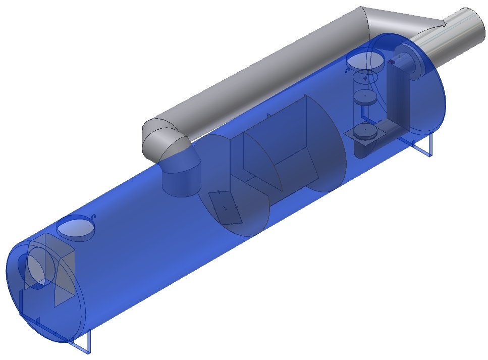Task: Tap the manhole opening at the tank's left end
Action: [75, 228]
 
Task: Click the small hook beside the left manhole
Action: [93, 217]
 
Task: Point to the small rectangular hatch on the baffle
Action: [225, 208]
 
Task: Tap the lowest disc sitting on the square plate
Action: [364, 133]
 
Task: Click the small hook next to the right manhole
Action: [347, 71]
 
